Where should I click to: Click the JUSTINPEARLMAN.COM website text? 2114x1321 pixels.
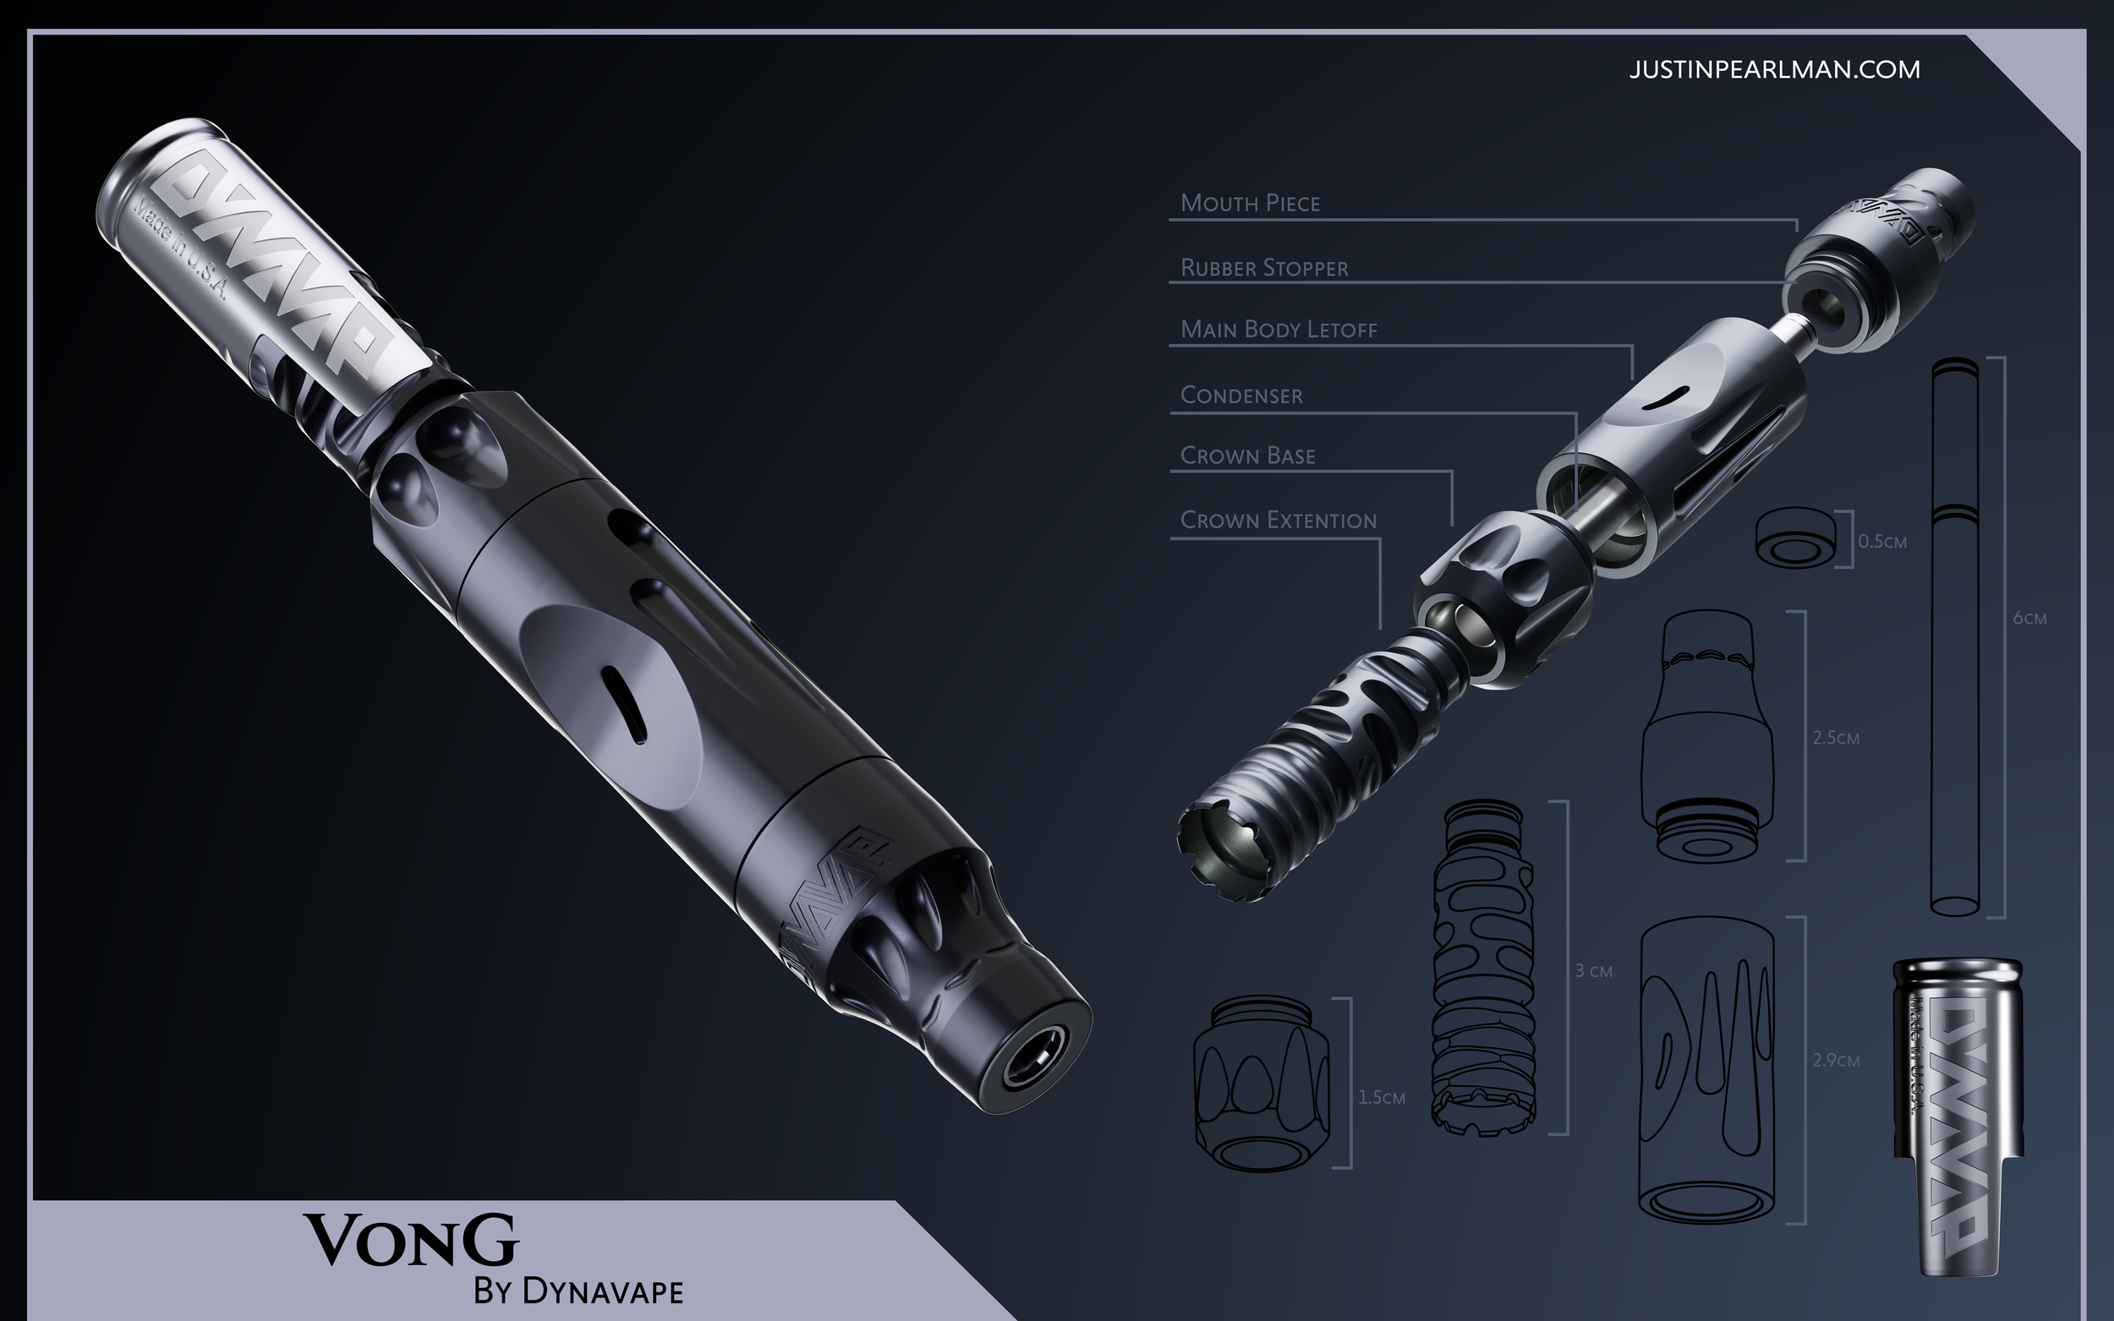tap(1774, 70)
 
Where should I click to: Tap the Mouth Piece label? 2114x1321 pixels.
tap(1250, 204)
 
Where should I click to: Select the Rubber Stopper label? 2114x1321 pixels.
tap(1263, 268)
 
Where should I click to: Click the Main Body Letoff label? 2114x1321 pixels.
tap(1278, 330)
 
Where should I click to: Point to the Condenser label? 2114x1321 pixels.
tap(1241, 396)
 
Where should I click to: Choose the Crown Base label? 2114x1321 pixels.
tap(1247, 456)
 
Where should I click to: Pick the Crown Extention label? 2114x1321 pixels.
tap(1278, 521)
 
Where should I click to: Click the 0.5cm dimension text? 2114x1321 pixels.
tap(1881, 542)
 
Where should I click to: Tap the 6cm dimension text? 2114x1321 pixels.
tap(2029, 619)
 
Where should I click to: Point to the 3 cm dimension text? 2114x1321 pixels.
tap(1593, 970)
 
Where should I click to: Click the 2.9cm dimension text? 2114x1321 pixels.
tap(1835, 1061)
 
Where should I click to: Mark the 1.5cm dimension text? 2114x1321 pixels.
tap(1381, 1098)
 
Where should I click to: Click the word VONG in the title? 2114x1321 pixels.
tap(411, 1241)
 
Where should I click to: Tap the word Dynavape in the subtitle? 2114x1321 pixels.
tap(602, 1291)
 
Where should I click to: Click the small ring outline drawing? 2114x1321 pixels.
tap(1795, 538)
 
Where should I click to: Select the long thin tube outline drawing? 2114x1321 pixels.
tap(1954, 638)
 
